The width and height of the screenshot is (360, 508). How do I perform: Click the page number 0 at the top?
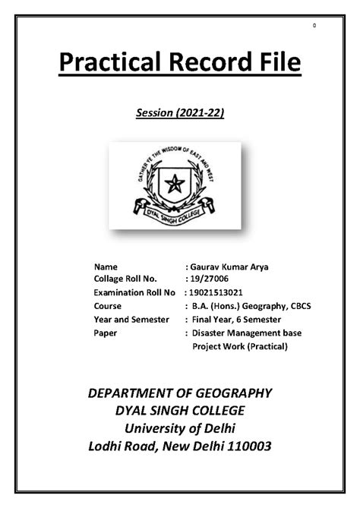click(314, 26)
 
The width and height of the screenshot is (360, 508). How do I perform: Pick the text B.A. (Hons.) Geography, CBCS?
click(251, 306)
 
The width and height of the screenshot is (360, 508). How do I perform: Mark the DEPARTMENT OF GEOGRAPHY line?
click(180, 393)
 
